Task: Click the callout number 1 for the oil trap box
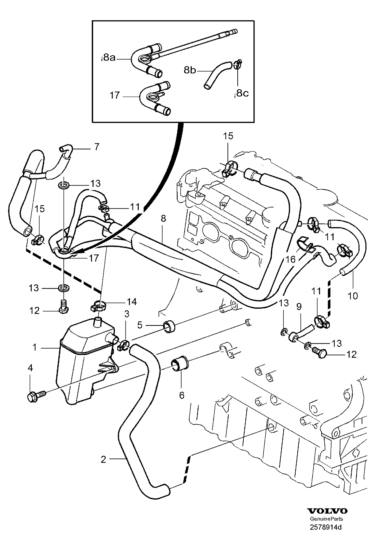[35, 347]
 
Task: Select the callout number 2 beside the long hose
[103, 460]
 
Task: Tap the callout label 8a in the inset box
[109, 58]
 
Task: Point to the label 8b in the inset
[190, 70]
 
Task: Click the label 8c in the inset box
[243, 93]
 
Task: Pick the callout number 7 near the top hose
[97, 147]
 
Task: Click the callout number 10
[353, 295]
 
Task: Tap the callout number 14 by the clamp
[131, 301]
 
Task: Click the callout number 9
[299, 307]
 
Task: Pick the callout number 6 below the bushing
[182, 395]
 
